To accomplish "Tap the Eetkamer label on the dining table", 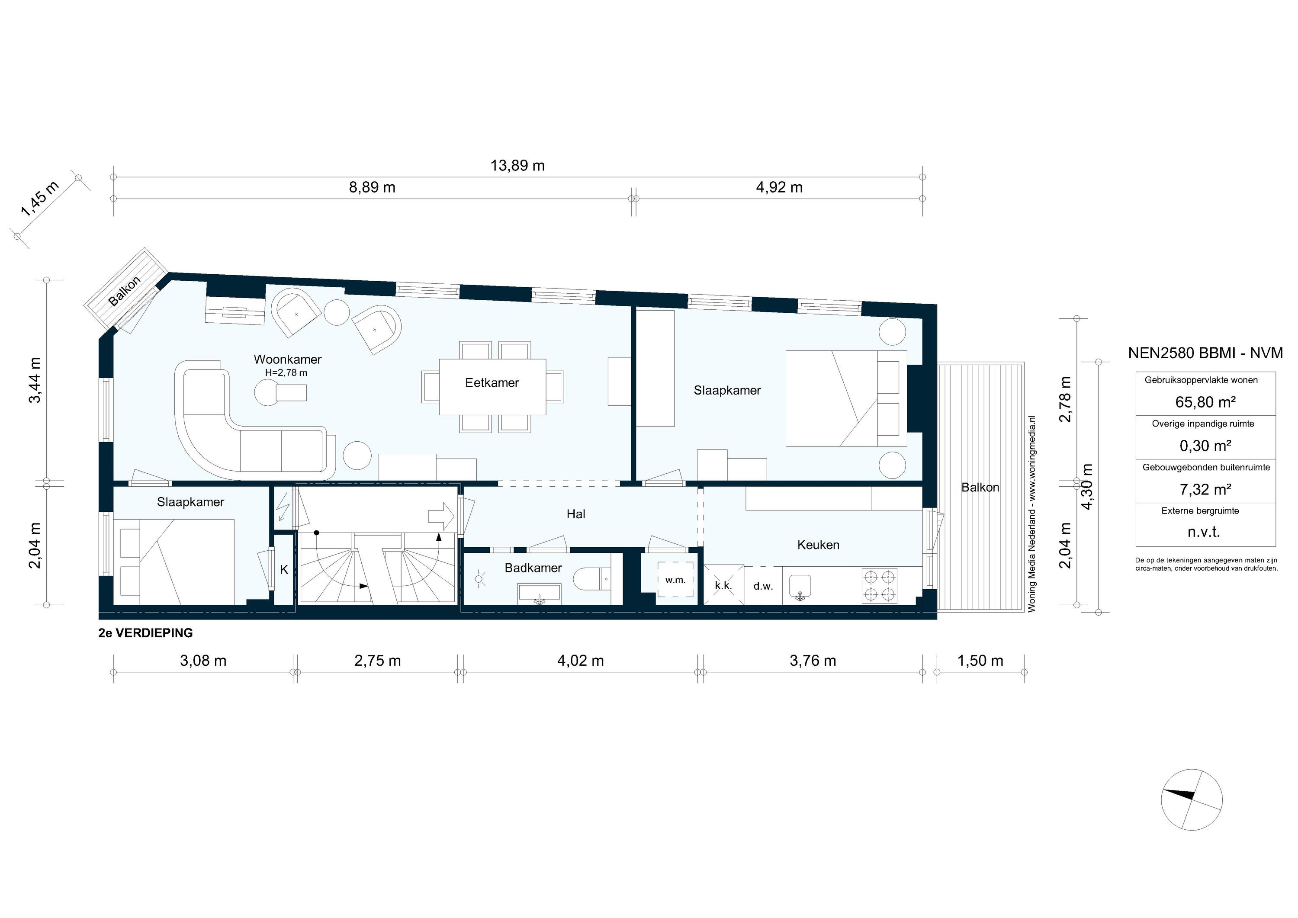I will tap(492, 383).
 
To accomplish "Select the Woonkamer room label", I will tap(287, 359).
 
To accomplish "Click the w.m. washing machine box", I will tap(675, 580).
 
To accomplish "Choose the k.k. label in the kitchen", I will tap(723, 586).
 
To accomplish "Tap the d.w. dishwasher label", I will tap(763, 586).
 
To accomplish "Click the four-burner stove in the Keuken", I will tap(879, 586).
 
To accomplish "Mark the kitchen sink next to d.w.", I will tap(800, 586).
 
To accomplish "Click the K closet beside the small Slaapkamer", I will tap(284, 570).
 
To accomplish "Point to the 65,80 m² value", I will tap(1205, 402).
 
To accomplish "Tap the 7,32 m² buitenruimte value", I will tap(1205, 489).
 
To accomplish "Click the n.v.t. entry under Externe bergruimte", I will tap(1205, 532).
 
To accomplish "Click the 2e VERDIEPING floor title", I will tap(145, 633).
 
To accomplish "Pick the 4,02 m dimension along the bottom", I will tap(580, 660).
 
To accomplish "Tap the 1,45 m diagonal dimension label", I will tap(39, 199).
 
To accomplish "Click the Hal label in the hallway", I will tap(575, 514).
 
